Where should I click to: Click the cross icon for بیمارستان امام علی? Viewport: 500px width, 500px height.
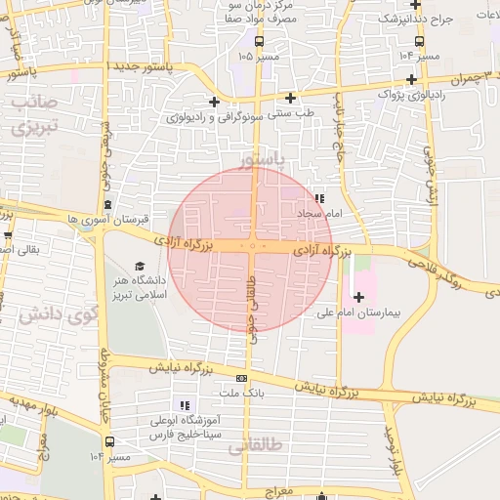pyautogui.click(x=359, y=296)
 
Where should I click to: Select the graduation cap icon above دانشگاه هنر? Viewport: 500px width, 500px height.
pyautogui.click(x=139, y=267)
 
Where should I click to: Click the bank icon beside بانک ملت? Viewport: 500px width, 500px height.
pyautogui.click(x=241, y=379)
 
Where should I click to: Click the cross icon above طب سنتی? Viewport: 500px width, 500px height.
pyautogui.click(x=290, y=98)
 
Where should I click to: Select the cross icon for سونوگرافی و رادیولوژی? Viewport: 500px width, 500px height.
pyautogui.click(x=214, y=102)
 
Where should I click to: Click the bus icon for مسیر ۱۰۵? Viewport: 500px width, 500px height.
pyautogui.click(x=259, y=41)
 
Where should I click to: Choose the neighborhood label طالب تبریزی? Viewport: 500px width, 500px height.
pyautogui.click(x=36, y=114)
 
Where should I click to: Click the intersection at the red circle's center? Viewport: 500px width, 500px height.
pyautogui.click(x=252, y=248)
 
